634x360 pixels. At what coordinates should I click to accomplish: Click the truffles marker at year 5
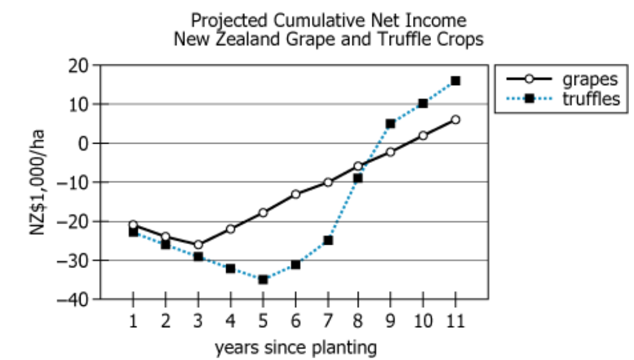tap(263, 279)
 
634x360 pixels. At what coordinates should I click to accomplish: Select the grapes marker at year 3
tap(198, 245)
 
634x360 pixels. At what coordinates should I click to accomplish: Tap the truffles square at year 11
tap(456, 81)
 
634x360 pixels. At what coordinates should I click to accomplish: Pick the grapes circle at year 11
tap(456, 119)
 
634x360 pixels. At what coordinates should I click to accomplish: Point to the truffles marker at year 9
tap(390, 124)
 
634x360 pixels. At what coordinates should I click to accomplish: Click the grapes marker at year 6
tap(295, 194)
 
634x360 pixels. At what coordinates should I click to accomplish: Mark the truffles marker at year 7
tap(327, 240)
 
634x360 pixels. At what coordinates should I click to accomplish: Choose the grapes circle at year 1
tap(133, 225)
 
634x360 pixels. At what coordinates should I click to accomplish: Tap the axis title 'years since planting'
tap(296, 348)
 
